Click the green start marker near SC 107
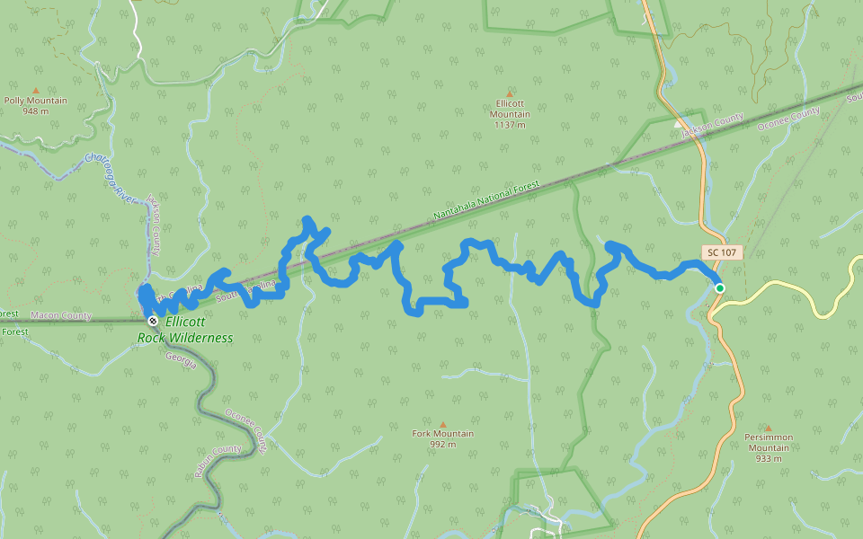719,287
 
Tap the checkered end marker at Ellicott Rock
153,321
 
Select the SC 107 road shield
721,252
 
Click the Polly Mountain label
36,101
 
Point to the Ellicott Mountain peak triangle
510,93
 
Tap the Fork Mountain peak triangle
442,424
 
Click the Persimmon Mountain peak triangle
768,428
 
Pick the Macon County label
61,315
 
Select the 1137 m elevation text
510,125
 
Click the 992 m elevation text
442,445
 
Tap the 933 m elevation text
769,458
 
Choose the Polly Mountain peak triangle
36,90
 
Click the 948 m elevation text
36,112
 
